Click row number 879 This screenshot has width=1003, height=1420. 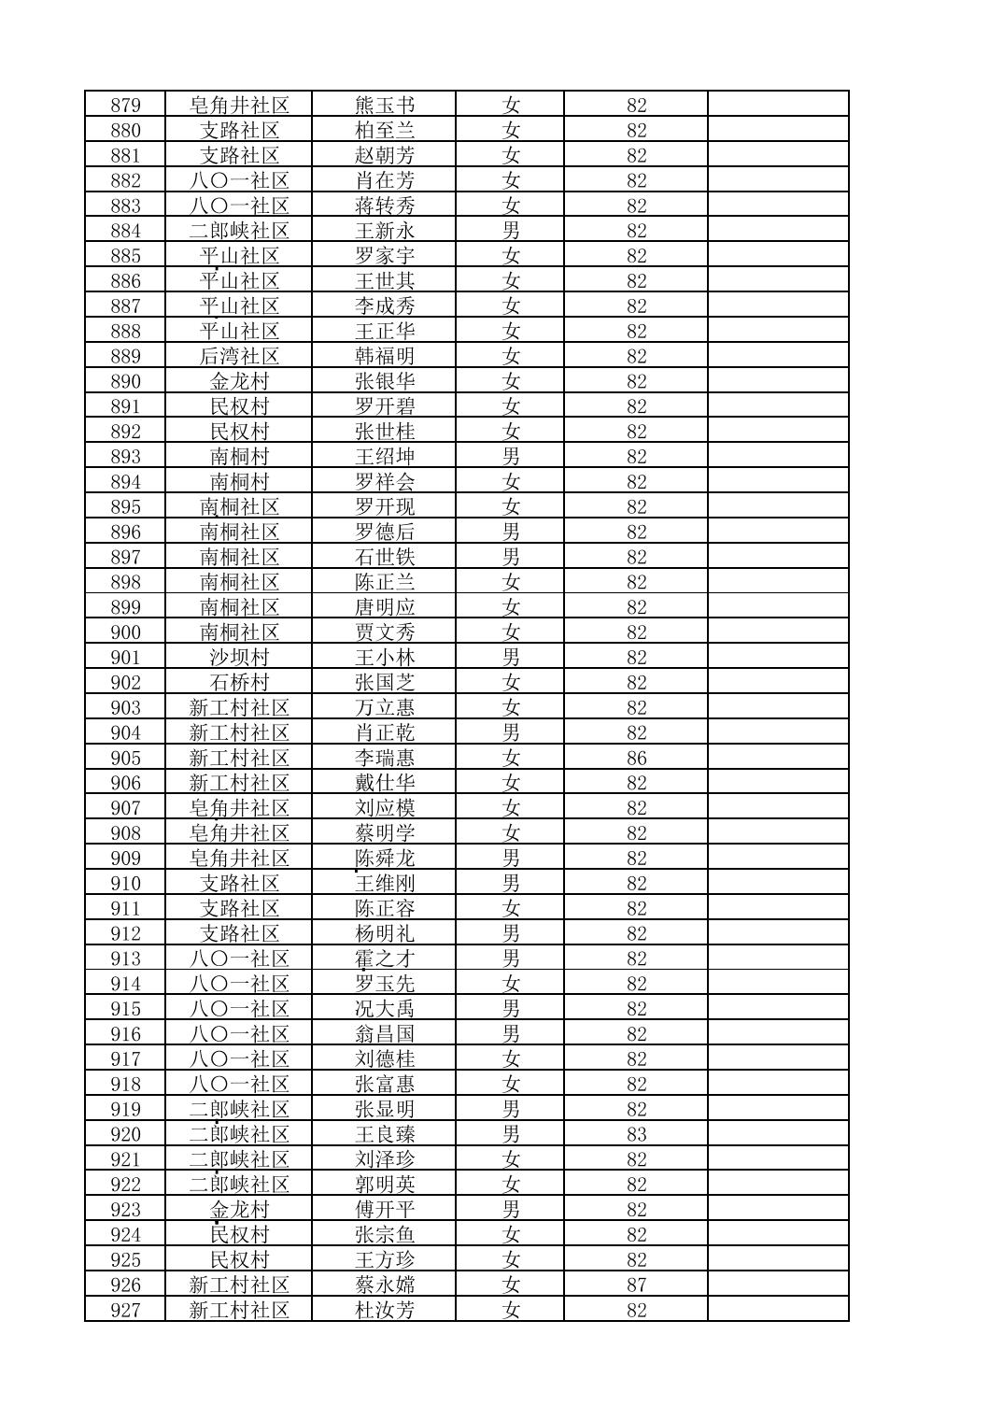(125, 106)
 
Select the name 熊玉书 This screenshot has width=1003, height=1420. (384, 106)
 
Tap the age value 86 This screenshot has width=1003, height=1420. (636, 759)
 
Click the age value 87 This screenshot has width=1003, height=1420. (636, 1285)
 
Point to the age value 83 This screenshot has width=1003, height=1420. (636, 1135)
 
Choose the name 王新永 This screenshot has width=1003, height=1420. (384, 231)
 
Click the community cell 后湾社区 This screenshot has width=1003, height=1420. (239, 357)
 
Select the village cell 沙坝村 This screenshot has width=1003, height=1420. (239, 658)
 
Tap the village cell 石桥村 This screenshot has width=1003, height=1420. (239, 683)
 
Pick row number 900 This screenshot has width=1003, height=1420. (125, 632)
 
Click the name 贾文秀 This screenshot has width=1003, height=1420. (384, 632)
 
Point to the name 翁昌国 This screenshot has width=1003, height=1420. (384, 1034)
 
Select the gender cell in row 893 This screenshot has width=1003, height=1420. (510, 457)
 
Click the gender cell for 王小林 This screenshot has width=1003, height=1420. (510, 658)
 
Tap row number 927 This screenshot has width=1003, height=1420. (125, 1311)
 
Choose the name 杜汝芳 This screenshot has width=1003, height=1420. (384, 1311)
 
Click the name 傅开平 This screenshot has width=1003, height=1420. (384, 1210)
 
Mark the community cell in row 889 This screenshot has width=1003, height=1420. (239, 357)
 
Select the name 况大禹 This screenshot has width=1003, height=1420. (384, 1009)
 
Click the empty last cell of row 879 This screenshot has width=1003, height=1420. (778, 106)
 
